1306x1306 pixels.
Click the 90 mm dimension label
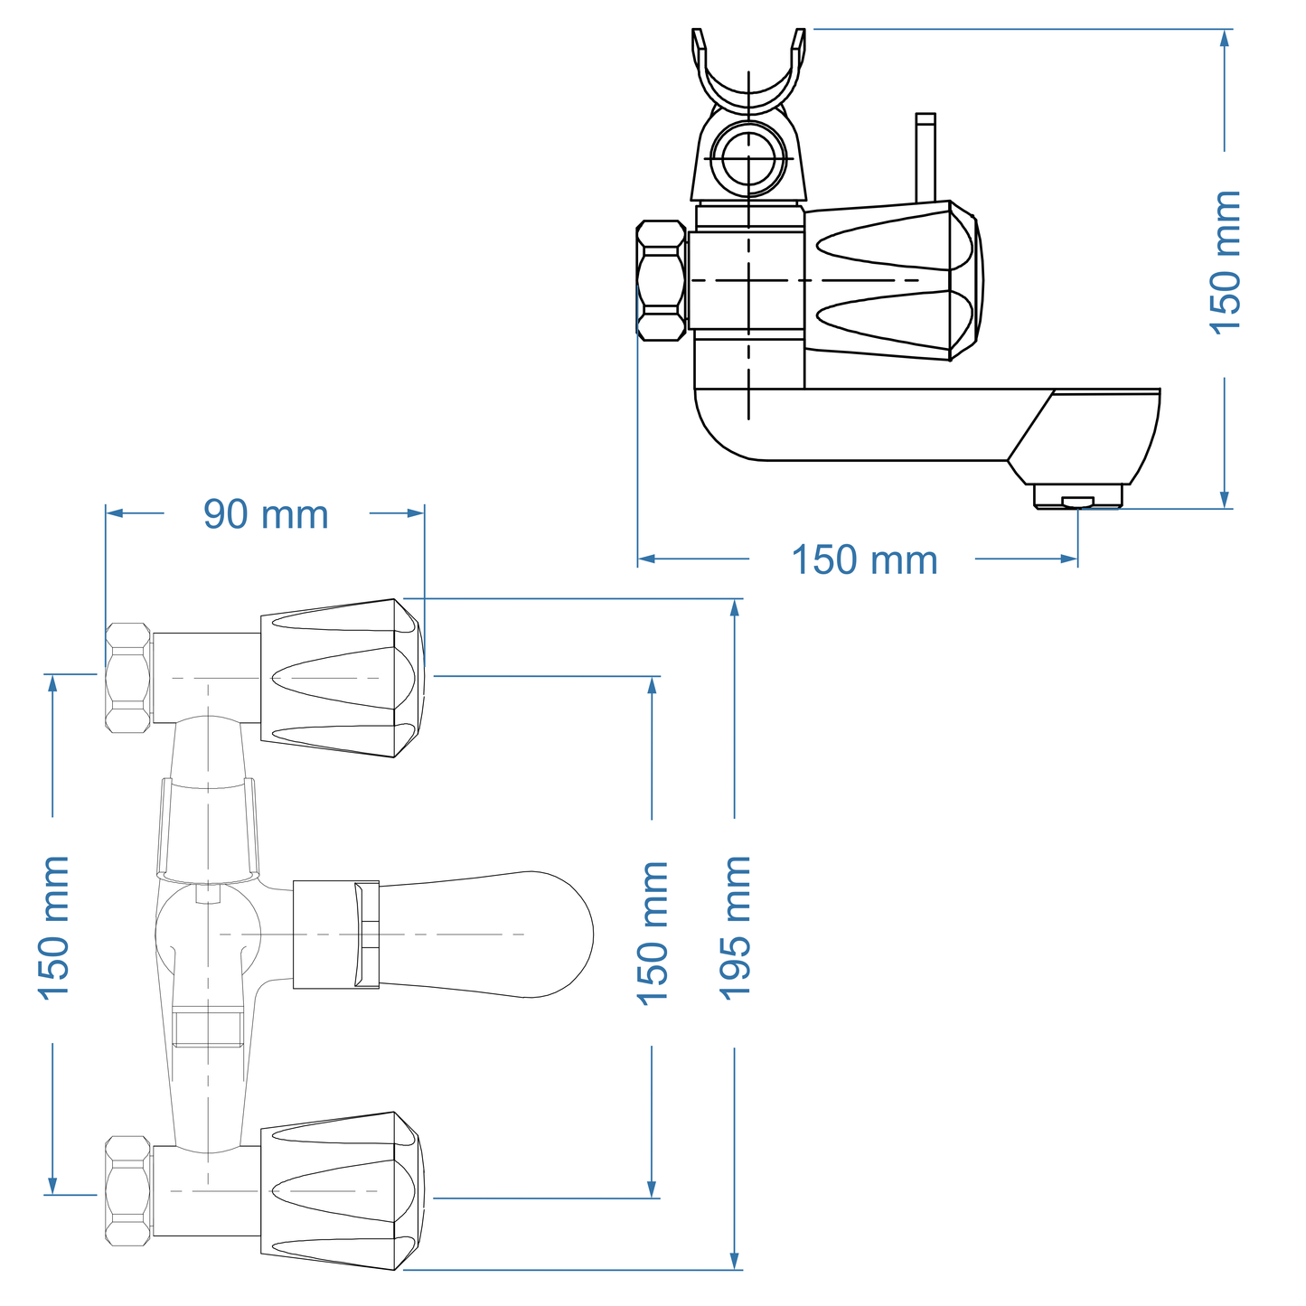[266, 514]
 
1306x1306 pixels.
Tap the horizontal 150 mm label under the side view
[864, 559]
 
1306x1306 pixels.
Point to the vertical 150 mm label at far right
[1226, 262]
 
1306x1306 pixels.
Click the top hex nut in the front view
[127, 678]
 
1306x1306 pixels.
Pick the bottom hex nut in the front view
[127, 1190]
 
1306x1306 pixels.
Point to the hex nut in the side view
[661, 281]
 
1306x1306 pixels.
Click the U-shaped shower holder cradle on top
[748, 77]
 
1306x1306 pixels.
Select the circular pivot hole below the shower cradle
[748, 158]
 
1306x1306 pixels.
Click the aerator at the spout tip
[1077, 497]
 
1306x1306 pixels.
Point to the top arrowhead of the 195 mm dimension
[735, 607]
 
